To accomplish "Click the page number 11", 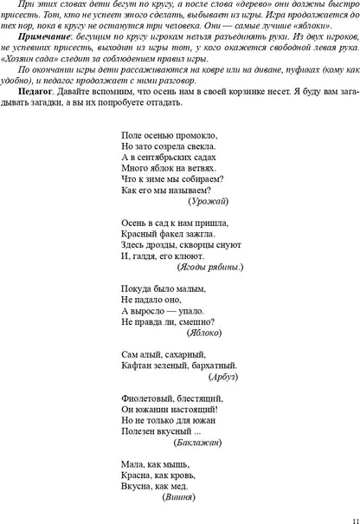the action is [344, 514].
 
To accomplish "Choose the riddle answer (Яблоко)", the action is [204, 332].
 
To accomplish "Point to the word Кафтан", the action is [138, 366].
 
